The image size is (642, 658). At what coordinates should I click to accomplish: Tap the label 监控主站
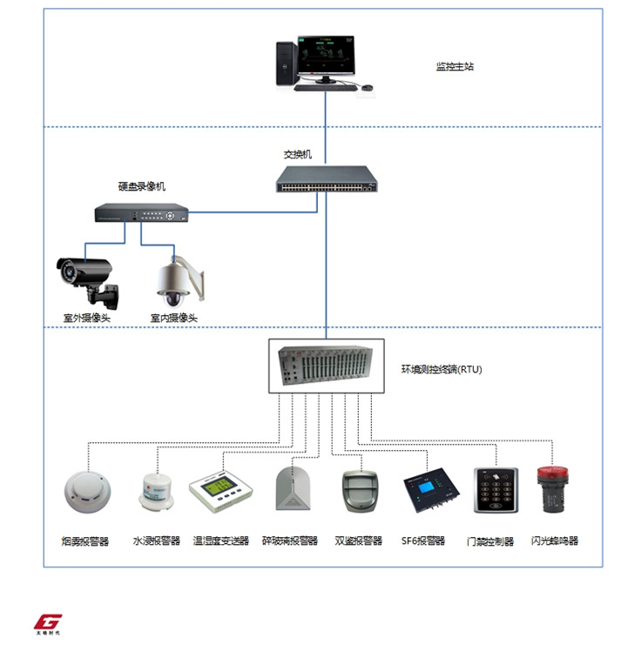[455, 66]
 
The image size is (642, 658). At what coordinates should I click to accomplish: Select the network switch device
[328, 180]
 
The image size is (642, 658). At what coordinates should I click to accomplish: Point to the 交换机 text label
[298, 154]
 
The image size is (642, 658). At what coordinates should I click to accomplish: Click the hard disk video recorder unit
[141, 212]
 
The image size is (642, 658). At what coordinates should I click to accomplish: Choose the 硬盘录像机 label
[142, 186]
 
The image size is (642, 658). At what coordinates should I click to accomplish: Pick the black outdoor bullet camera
[85, 273]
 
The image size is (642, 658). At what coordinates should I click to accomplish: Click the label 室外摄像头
[86, 318]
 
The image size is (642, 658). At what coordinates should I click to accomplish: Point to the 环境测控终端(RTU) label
[441, 369]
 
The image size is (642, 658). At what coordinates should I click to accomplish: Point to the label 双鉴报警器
[358, 540]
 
